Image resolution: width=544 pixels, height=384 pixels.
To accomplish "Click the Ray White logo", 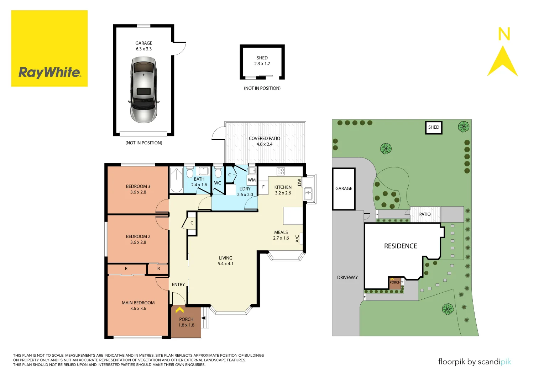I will pyautogui.click(x=49, y=72).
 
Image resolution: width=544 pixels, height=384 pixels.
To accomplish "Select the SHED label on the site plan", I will pyautogui.click(x=434, y=127).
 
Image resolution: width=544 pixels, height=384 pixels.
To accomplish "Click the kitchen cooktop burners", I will pyautogui.click(x=281, y=171).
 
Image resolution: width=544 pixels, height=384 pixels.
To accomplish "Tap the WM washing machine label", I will pyautogui.click(x=252, y=180).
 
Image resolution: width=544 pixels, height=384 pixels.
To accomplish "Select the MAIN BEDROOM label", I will pyautogui.click(x=138, y=303).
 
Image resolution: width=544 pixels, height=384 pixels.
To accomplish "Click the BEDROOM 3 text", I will pyautogui.click(x=138, y=186).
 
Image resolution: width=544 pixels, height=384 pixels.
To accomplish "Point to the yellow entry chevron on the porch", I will pyautogui.click(x=180, y=310).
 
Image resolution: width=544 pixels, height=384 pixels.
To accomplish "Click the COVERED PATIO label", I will pyautogui.click(x=265, y=139).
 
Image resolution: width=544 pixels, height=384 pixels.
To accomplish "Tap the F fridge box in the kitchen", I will pyautogui.click(x=263, y=187).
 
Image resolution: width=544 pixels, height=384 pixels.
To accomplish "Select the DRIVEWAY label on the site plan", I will pyautogui.click(x=347, y=278).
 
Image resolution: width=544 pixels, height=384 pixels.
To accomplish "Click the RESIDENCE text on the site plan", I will pyautogui.click(x=401, y=246).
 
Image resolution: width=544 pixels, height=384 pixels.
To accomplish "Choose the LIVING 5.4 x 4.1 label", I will pyautogui.click(x=226, y=261).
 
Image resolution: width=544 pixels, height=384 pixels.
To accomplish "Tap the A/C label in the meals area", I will pyautogui.click(x=298, y=239).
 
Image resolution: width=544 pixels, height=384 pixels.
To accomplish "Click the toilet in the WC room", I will pyautogui.click(x=218, y=173).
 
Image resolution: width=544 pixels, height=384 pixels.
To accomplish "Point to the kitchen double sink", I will pyautogui.click(x=308, y=194).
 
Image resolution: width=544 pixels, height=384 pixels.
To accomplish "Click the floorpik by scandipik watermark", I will pyautogui.click(x=474, y=362).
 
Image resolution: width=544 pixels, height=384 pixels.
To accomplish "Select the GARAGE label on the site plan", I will pyautogui.click(x=344, y=189).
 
